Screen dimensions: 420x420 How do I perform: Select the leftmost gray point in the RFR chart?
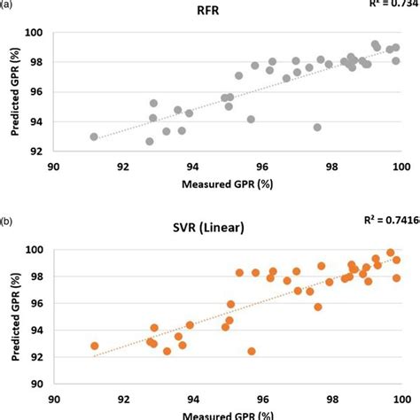pos(94,136)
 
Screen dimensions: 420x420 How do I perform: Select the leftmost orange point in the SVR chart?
pos(94,346)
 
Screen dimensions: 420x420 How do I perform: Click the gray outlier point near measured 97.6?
pos(317,127)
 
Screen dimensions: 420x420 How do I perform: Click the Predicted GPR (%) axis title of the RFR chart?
pos(16,90)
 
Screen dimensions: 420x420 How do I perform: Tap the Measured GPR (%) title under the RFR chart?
pos(227,185)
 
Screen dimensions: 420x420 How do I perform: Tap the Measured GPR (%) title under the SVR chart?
pos(227,413)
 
